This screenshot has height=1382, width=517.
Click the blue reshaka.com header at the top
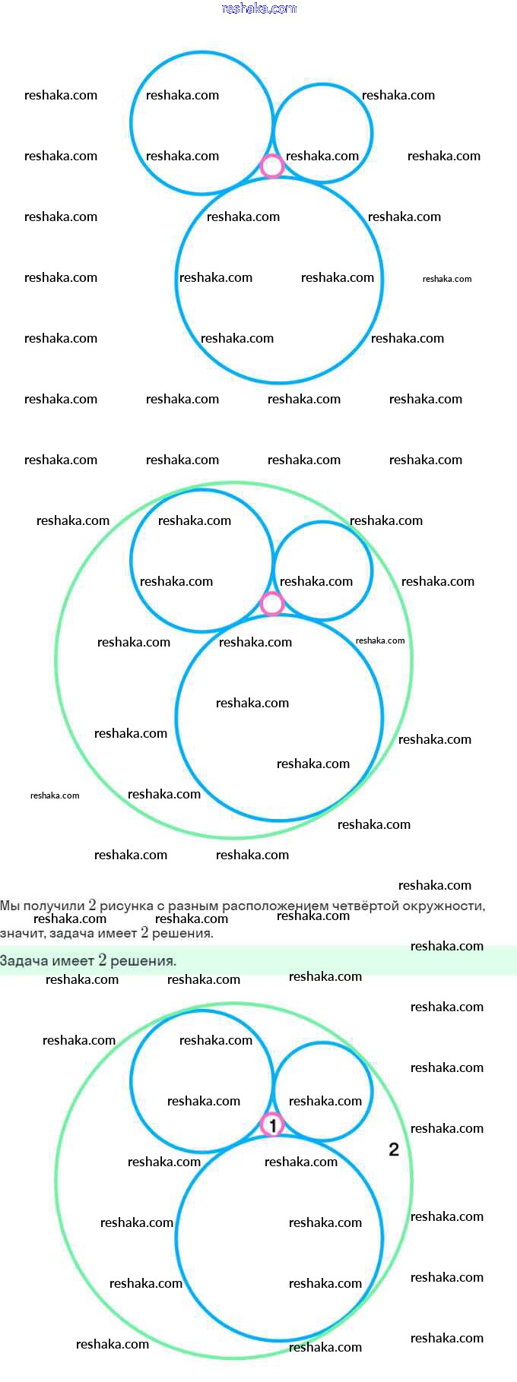[x=258, y=8]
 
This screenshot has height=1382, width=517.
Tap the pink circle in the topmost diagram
[x=271, y=166]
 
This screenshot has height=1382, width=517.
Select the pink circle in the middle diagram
[x=271, y=604]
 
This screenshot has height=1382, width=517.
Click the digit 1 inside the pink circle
[x=271, y=1124]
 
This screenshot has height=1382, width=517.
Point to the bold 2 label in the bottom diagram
[x=394, y=1150]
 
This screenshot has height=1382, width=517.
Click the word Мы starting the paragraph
[x=10, y=906]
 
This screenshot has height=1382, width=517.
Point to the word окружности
[x=444, y=906]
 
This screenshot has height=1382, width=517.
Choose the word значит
[x=22, y=933]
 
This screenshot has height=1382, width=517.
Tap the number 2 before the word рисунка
[x=92, y=906]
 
